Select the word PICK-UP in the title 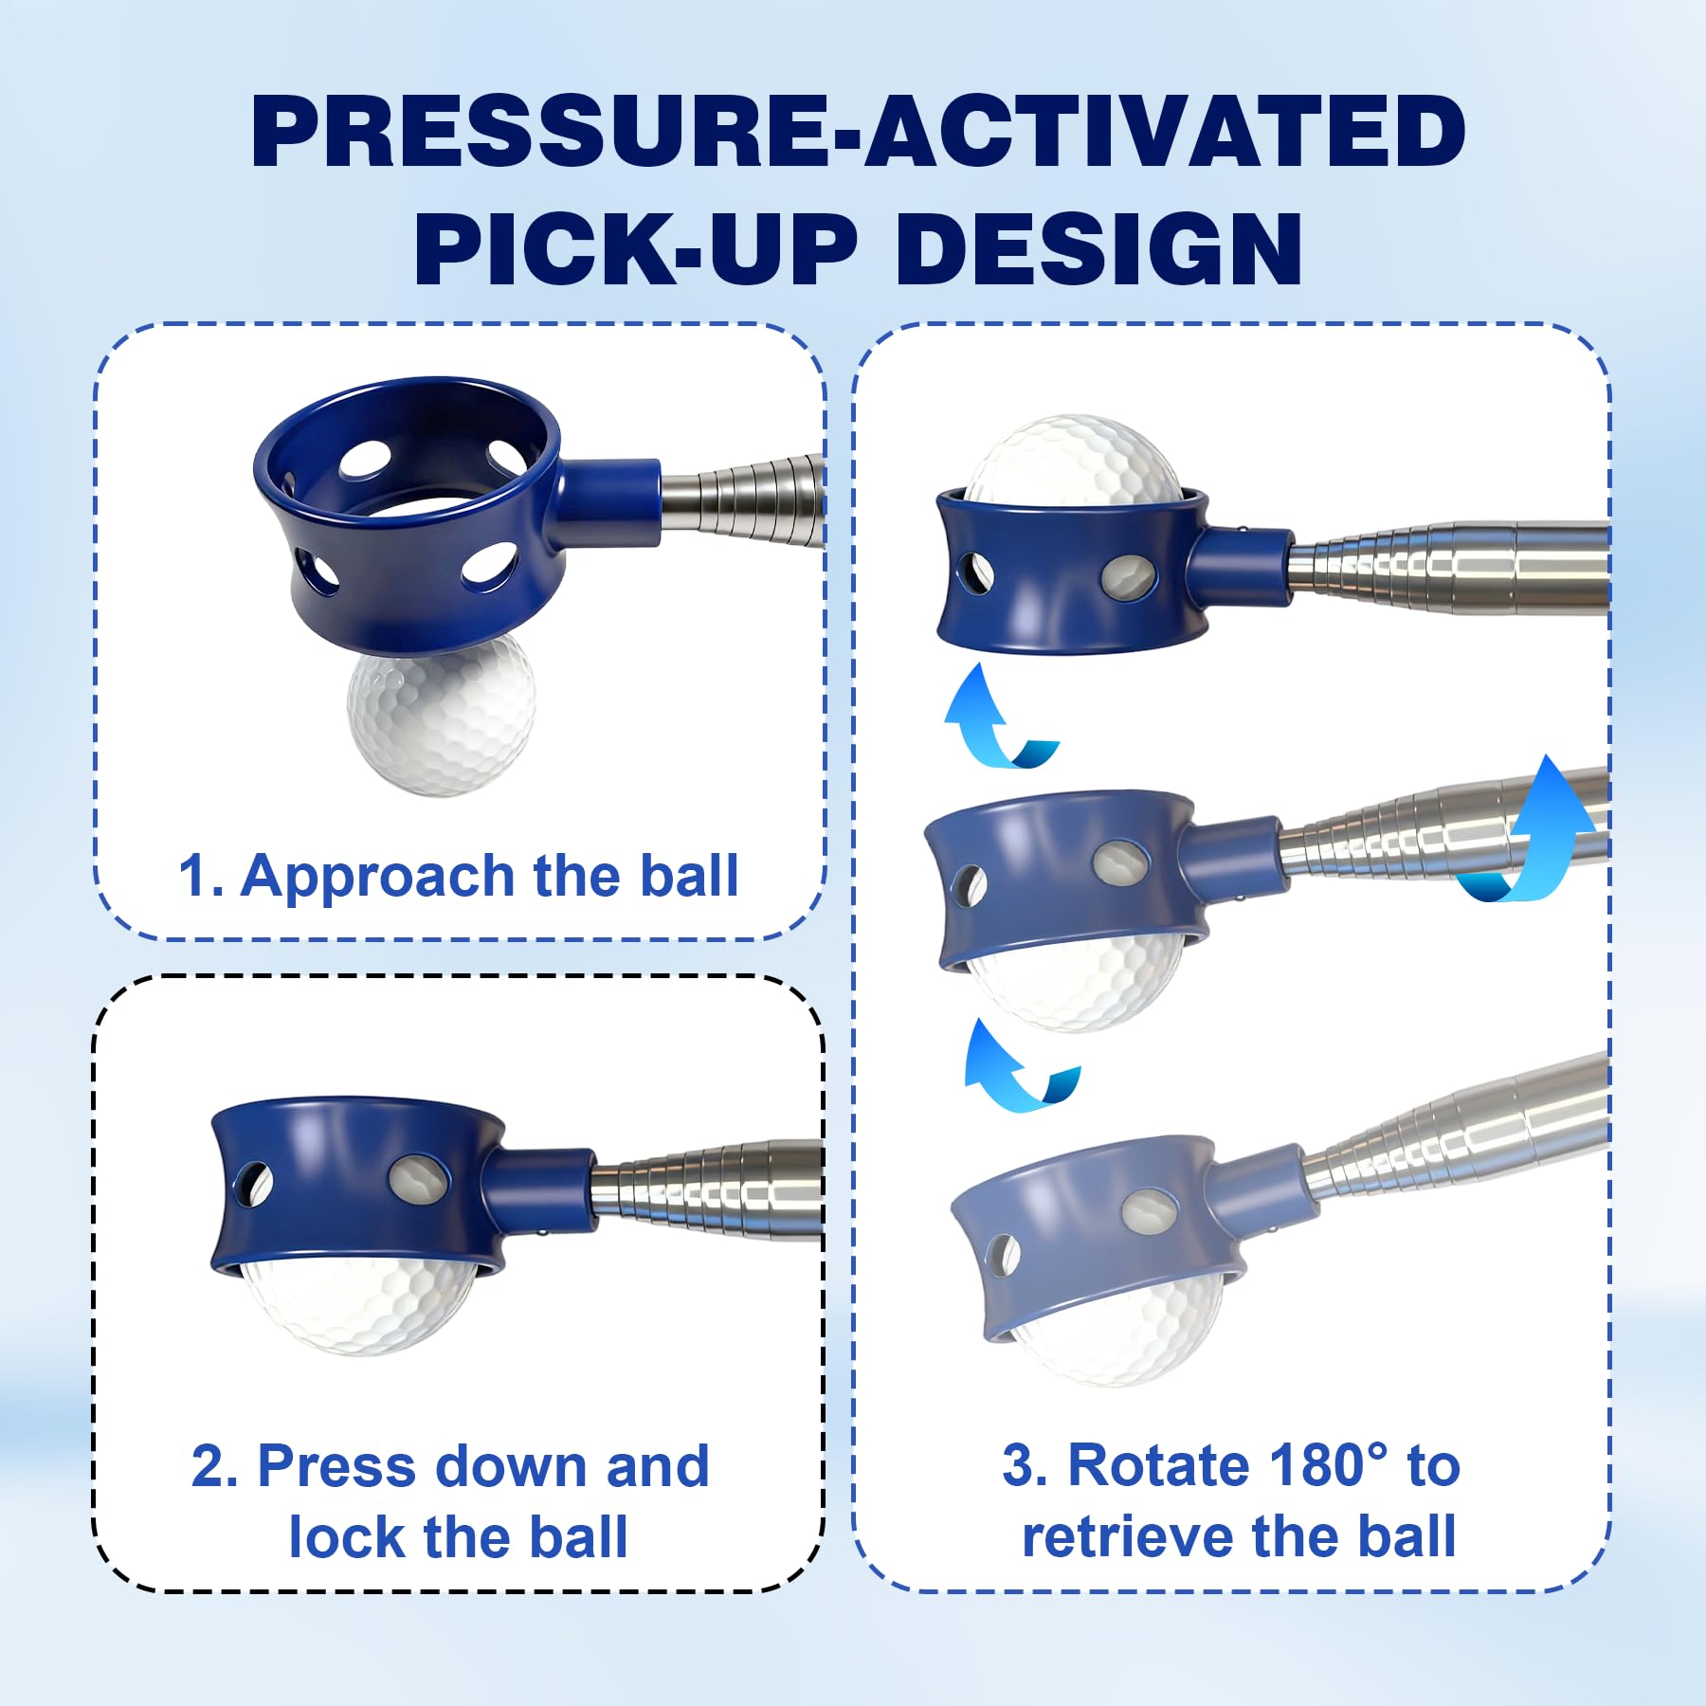[636, 248]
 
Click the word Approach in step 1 [378, 878]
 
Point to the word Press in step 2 [338, 1467]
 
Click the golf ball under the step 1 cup [442, 713]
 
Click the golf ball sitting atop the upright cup [1074, 457]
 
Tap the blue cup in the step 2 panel [389, 1185]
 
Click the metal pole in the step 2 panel [707, 1190]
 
